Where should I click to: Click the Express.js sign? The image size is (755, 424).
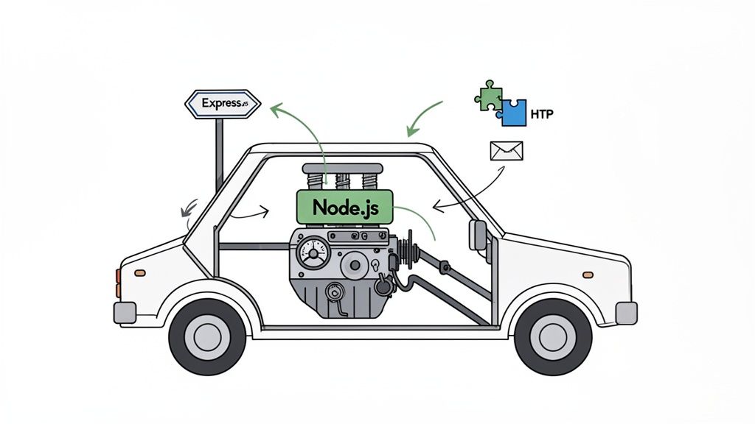click(x=222, y=104)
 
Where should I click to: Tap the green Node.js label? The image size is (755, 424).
click(x=345, y=207)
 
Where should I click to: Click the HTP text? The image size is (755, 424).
click(x=542, y=116)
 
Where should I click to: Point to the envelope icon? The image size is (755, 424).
click(x=506, y=151)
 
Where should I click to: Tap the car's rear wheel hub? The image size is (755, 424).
click(x=206, y=335)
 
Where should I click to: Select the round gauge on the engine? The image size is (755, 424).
click(x=313, y=255)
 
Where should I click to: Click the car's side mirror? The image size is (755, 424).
click(x=478, y=235)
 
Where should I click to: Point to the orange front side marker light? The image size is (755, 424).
click(x=588, y=275)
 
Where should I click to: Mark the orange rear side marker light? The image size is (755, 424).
click(x=139, y=273)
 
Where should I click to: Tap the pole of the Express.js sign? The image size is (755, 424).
click(x=219, y=155)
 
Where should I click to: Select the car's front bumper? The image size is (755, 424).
click(x=626, y=312)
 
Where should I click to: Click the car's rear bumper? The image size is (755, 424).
click(x=125, y=313)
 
